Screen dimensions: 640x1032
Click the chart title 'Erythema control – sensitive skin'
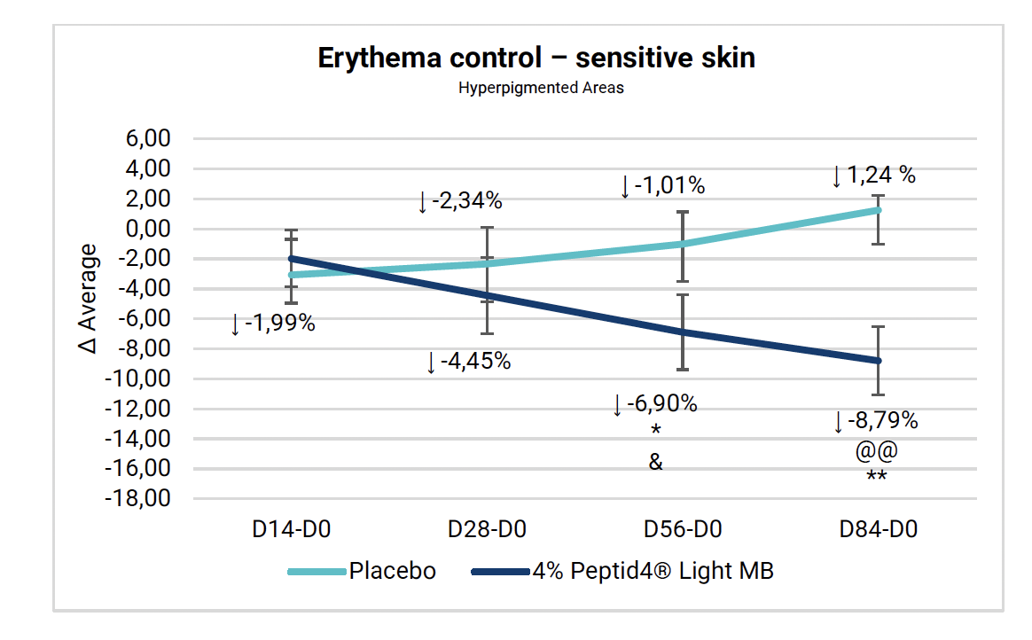click(536, 59)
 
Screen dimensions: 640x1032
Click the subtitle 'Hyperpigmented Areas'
click(541, 89)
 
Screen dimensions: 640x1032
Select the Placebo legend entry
click(392, 571)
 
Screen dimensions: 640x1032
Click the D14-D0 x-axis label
click(291, 530)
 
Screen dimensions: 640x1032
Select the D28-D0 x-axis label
click(487, 530)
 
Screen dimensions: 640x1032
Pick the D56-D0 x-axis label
click(683, 530)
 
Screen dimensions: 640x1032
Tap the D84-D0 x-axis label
click(879, 530)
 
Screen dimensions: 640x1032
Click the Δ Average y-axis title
click(90, 298)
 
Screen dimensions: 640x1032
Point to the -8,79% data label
click(883, 421)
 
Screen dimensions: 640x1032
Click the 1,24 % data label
click(880, 176)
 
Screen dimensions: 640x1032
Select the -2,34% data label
click(466, 201)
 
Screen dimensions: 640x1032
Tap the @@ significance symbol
click(877, 451)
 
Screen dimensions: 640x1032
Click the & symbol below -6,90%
click(655, 463)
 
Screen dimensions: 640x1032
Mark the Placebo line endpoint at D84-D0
click(878, 210)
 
